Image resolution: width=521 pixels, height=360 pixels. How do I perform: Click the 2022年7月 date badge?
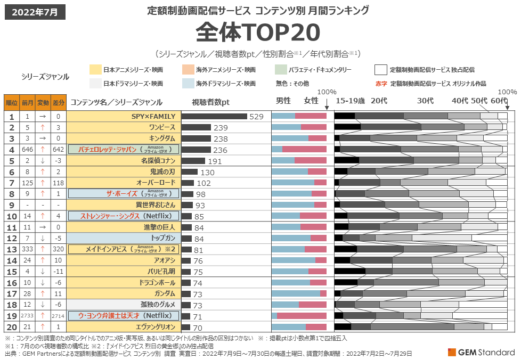tap(35, 12)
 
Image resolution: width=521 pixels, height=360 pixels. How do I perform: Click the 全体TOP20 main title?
tap(258, 33)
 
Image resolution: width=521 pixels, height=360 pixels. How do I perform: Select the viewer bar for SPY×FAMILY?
tap(214, 116)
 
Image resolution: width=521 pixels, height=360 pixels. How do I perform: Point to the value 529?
tap(257, 117)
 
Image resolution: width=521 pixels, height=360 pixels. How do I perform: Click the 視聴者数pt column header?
tap(210, 102)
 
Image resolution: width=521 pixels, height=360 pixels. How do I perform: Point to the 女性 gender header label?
tap(311, 101)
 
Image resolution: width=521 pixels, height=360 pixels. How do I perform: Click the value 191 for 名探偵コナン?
tap(214, 161)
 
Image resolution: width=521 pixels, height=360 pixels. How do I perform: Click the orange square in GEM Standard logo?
tap(452, 352)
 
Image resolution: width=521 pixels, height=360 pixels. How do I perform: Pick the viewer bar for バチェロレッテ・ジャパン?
tap(196, 150)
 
